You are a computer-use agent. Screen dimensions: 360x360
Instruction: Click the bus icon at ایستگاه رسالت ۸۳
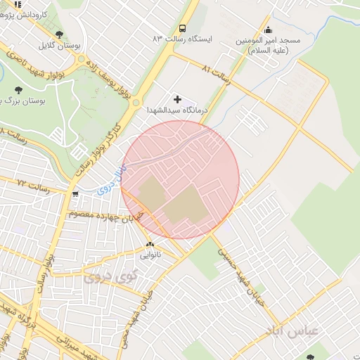(x=183, y=29)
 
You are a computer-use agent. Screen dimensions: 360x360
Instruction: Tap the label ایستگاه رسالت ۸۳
(x=184, y=39)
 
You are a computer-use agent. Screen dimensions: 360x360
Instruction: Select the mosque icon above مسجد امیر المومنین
(x=269, y=30)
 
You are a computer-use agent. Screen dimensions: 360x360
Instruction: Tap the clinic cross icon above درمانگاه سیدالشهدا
(x=177, y=100)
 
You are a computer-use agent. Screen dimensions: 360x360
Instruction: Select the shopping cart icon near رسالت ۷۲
(x=75, y=193)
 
